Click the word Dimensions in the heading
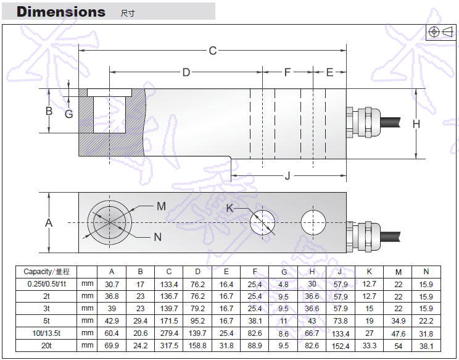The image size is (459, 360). point(60,12)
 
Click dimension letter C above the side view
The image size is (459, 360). point(213,51)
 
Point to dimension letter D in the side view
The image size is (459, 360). point(186,73)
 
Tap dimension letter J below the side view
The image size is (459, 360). point(287,177)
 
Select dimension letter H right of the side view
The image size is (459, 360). point(416,124)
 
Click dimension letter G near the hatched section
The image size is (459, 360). point(68,114)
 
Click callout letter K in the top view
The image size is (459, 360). point(230,208)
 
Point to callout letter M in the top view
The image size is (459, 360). point(161,206)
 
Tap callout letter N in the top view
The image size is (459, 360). point(158,237)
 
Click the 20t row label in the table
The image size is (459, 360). point(47,345)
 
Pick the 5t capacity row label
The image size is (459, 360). point(47,320)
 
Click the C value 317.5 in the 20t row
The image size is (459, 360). point(168,345)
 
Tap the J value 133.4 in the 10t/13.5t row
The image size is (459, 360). point(340,333)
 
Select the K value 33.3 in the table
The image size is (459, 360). point(369,345)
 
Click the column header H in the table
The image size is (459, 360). point(312,272)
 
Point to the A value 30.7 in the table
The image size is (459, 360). point(112,284)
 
